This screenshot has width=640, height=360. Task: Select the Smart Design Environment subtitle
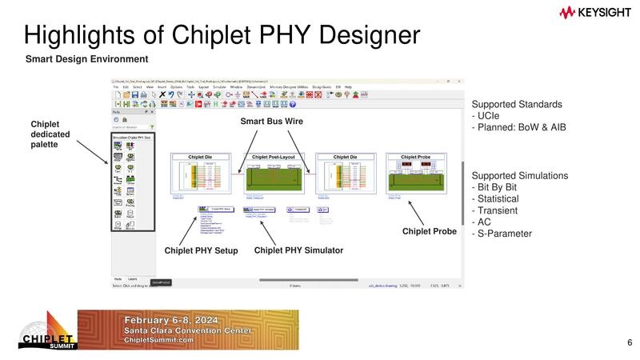coord(86,59)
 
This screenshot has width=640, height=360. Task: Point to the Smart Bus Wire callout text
coord(273,122)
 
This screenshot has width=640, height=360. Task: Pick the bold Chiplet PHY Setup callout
coord(202,250)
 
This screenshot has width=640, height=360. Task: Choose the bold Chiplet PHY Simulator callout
coord(298,250)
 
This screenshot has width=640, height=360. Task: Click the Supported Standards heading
coord(517,105)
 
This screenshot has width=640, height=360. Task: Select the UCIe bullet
coord(488,116)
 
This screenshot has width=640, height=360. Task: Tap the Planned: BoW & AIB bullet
coord(518,127)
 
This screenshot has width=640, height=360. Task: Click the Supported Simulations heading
coord(520,175)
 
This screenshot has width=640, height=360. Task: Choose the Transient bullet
coord(496,210)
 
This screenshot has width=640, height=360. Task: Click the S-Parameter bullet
coord(502,234)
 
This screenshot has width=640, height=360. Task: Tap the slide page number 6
coord(630,343)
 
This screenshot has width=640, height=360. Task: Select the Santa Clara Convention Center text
coord(188,330)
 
